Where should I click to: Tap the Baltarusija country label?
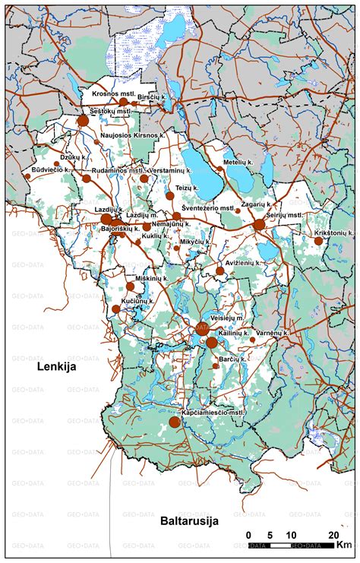(x=189, y=521)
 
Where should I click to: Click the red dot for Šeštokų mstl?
(x=83, y=120)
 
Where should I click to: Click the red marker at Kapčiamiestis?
(x=175, y=422)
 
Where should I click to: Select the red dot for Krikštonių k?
(x=319, y=241)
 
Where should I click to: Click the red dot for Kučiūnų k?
(x=116, y=308)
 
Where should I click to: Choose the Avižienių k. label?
(x=238, y=263)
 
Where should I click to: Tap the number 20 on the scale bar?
(x=333, y=535)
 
